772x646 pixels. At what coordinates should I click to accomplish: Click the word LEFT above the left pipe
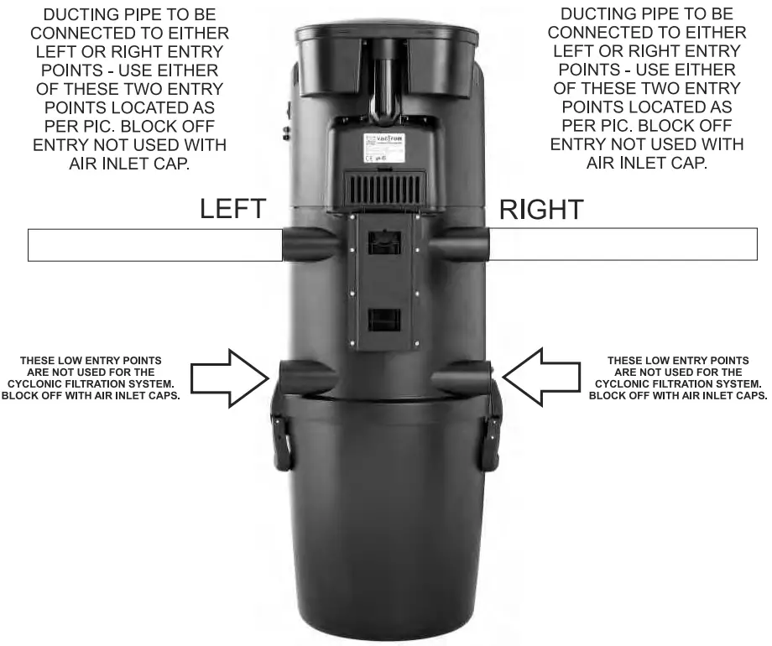(x=232, y=209)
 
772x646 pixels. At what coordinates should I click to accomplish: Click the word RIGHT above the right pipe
(x=541, y=209)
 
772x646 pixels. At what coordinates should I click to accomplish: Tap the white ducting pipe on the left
(x=155, y=244)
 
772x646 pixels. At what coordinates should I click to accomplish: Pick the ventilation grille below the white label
(x=386, y=188)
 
